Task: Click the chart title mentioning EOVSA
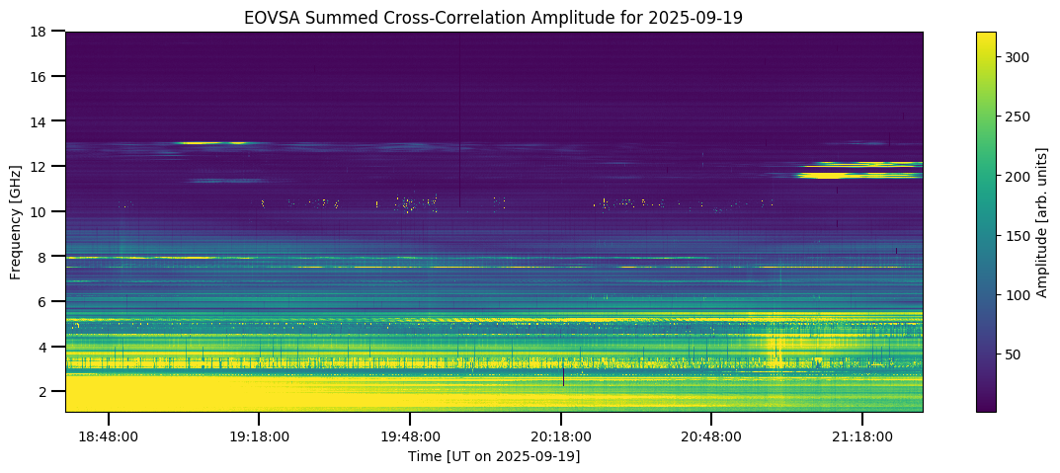(x=494, y=17)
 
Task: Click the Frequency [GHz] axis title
(x=17, y=221)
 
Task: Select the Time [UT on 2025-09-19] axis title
(x=494, y=455)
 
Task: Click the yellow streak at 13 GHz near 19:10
(x=212, y=143)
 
